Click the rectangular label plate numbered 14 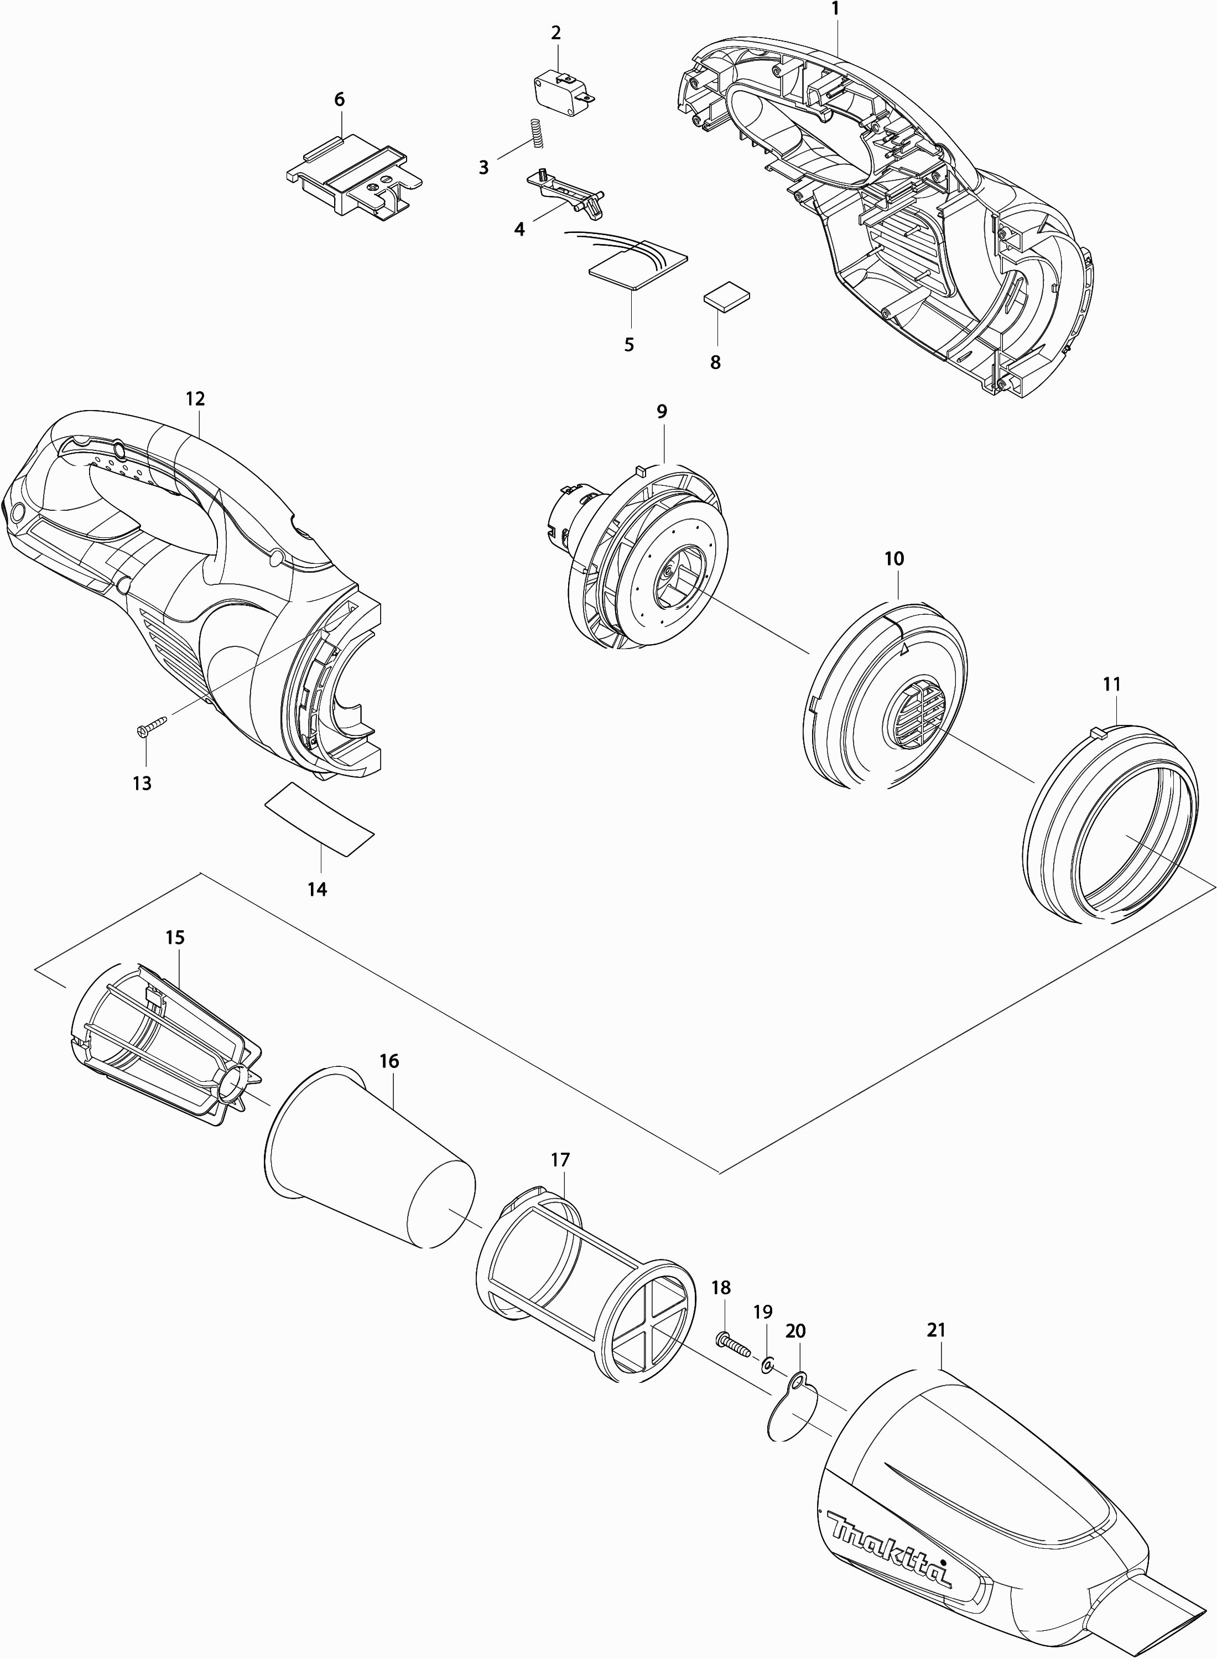319,819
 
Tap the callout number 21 935,1330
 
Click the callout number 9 662,411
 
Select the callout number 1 835,9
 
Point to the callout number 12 195,399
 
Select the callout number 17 560,1159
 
